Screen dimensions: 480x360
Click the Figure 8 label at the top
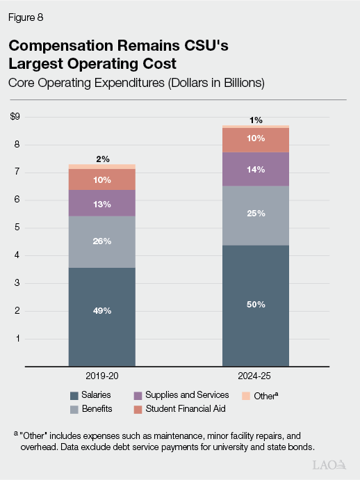point(26,15)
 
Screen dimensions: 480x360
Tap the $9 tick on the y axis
point(15,117)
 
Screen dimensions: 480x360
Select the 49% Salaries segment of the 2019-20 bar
point(102,311)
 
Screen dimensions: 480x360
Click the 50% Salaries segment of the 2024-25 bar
point(256,305)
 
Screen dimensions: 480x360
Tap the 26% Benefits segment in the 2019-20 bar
point(102,242)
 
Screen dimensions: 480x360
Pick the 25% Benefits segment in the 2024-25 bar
point(256,214)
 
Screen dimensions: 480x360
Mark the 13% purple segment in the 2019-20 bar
point(102,203)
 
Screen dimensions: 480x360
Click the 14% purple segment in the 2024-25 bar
point(256,169)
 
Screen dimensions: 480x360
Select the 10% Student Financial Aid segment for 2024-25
point(256,139)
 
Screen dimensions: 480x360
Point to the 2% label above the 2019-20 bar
point(102,159)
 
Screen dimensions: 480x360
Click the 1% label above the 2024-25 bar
point(256,119)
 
